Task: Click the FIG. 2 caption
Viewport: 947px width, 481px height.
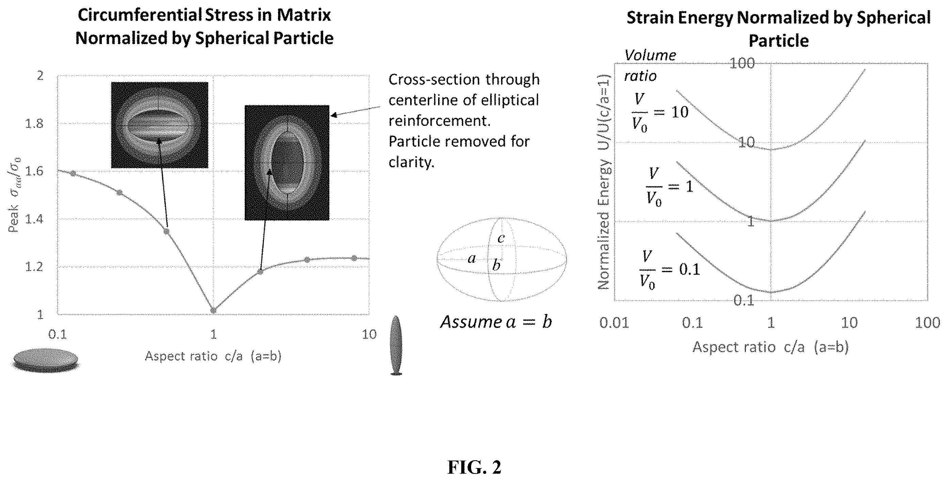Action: (x=474, y=467)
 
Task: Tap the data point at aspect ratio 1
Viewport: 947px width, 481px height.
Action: (x=213, y=311)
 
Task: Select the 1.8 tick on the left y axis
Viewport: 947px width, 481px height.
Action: (x=34, y=123)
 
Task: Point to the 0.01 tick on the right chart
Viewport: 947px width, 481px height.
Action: (x=614, y=323)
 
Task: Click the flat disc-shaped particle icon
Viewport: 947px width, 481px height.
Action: (x=46, y=361)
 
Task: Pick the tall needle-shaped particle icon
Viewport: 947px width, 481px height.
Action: (x=396, y=345)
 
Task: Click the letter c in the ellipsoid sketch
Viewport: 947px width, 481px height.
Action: (x=501, y=238)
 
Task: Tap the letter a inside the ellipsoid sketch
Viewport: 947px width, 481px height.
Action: (x=472, y=258)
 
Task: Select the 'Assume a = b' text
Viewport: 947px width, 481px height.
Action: (x=496, y=322)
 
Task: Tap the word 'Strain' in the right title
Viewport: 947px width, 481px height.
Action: (x=650, y=18)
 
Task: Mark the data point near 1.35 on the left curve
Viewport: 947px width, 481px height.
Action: (x=166, y=231)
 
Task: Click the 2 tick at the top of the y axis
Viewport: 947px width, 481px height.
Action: (x=41, y=76)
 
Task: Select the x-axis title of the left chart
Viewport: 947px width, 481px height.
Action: (x=213, y=356)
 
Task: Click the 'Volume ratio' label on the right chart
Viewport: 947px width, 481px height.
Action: (x=650, y=65)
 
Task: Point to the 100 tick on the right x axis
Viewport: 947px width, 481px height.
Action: (x=927, y=323)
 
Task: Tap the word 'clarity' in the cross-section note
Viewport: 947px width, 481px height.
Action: (x=411, y=162)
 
